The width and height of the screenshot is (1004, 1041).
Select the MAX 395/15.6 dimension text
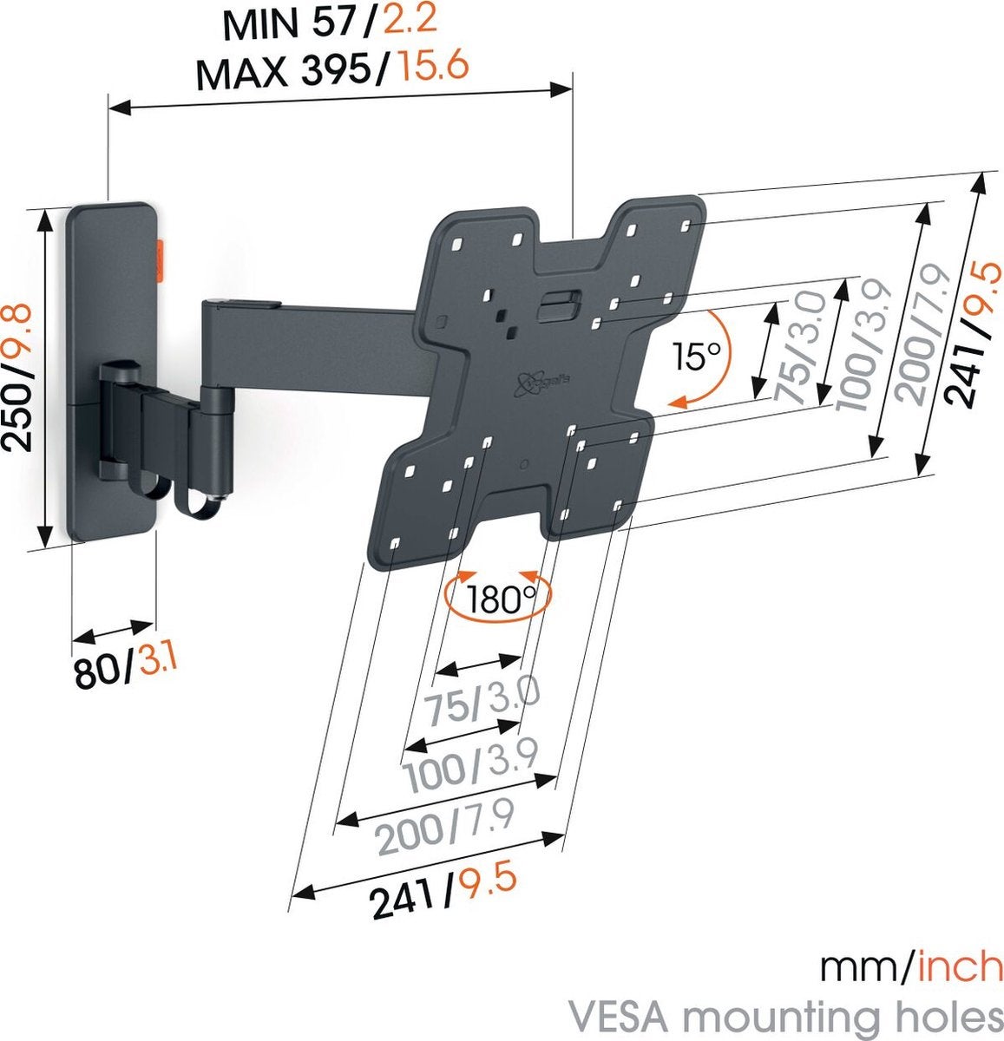coord(332,70)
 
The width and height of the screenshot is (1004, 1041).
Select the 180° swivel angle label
coord(497,599)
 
